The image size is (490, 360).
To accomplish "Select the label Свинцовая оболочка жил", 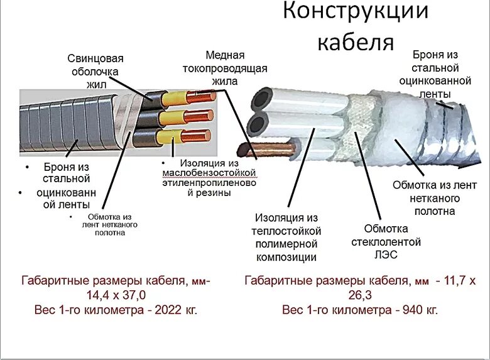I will click(93, 71).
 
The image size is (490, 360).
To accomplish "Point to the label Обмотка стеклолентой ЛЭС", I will click(393, 242).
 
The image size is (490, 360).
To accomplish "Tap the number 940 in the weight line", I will click(395, 310).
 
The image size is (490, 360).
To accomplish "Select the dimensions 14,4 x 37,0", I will click(116, 295).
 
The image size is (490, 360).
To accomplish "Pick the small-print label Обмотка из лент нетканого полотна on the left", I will click(109, 224).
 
